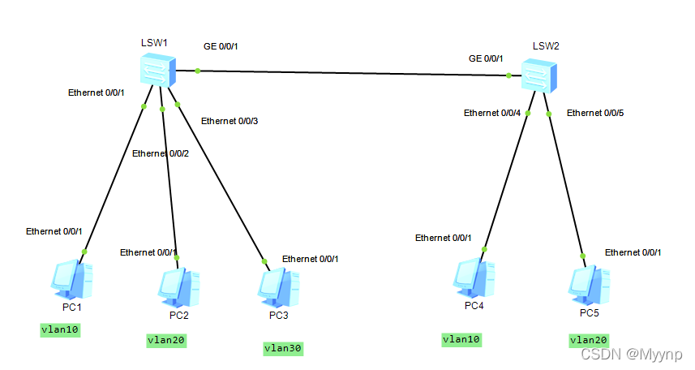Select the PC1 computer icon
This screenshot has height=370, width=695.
pyautogui.click(x=73, y=280)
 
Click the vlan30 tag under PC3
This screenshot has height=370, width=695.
pyautogui.click(x=282, y=348)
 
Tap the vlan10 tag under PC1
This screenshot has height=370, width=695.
pyautogui.click(x=61, y=329)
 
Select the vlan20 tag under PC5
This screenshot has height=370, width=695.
pyautogui.click(x=589, y=340)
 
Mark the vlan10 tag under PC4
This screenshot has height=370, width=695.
pyautogui.click(x=461, y=339)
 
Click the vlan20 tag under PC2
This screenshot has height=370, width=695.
pyautogui.click(x=166, y=341)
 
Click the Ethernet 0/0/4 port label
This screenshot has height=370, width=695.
pyautogui.click(x=491, y=113)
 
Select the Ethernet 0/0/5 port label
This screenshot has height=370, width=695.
pyautogui.click(x=595, y=113)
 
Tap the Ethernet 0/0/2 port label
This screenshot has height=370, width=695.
pyautogui.click(x=160, y=153)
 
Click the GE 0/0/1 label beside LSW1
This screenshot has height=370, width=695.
pyautogui.click(x=221, y=46)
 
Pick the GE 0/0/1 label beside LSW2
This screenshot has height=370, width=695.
pyautogui.click(x=486, y=58)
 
